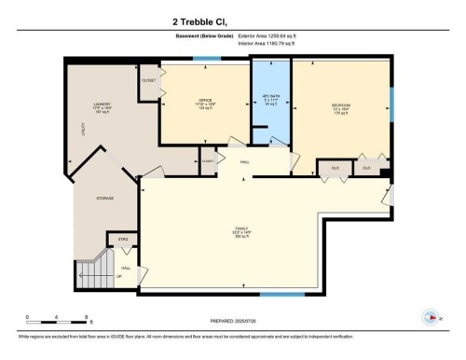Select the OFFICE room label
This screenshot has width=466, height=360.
(x=205, y=103)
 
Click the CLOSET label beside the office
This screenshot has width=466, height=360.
(x=149, y=81)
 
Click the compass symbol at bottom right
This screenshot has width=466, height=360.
(x=431, y=316)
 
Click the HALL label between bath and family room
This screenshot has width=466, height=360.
(x=245, y=162)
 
